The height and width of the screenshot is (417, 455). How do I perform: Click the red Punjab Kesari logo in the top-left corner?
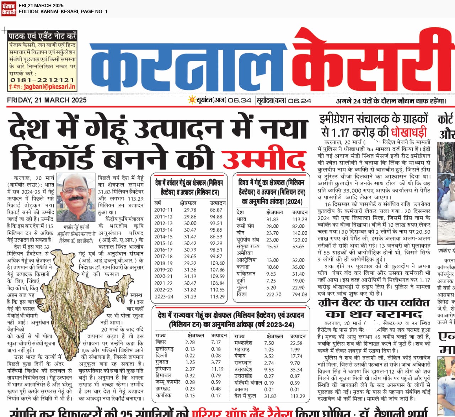pyautogui.click(x=9, y=9)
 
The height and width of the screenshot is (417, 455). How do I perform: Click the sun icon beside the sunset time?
pyautogui.click(x=192, y=100)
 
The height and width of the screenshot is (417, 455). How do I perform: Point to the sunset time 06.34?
pyautogui.click(x=240, y=101)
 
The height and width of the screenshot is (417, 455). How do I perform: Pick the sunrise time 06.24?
pyautogui.click(x=299, y=101)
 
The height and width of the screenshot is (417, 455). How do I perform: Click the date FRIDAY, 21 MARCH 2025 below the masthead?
pyautogui.click(x=47, y=100)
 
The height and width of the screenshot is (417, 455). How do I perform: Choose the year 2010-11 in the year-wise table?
pyautogui.click(x=164, y=210)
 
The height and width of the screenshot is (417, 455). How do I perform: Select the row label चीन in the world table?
pyautogui.click(x=240, y=233)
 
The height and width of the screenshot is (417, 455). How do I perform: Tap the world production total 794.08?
pyautogui.click(x=300, y=295)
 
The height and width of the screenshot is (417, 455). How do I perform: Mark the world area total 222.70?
pyautogui.click(x=274, y=295)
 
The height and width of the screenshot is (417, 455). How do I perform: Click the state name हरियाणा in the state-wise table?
pyautogui.click(x=163, y=369)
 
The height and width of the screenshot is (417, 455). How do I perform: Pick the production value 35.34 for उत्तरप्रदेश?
pyautogui.click(x=296, y=369)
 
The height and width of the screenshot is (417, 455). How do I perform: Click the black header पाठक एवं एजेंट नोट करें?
pyautogui.click(x=42, y=36)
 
